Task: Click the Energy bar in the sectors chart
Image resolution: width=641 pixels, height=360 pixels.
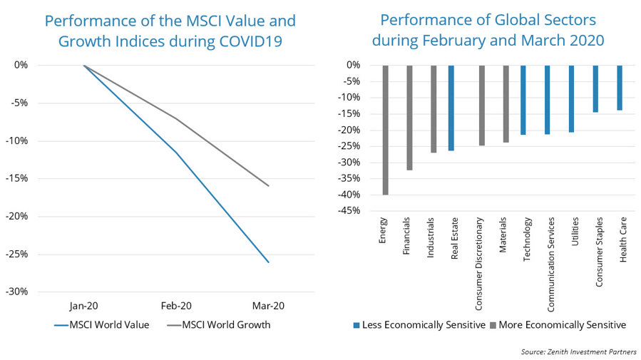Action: tap(385, 130)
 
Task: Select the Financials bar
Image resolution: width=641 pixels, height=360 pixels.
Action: tap(409, 118)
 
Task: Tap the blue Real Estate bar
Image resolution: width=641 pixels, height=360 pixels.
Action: tap(451, 108)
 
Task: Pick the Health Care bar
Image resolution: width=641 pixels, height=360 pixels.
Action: tap(620, 88)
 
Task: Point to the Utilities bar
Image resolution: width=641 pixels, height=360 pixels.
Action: tap(572, 98)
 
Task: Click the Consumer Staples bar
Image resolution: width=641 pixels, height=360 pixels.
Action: tap(596, 88)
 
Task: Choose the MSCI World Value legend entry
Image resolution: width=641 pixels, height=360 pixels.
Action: tap(103, 326)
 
